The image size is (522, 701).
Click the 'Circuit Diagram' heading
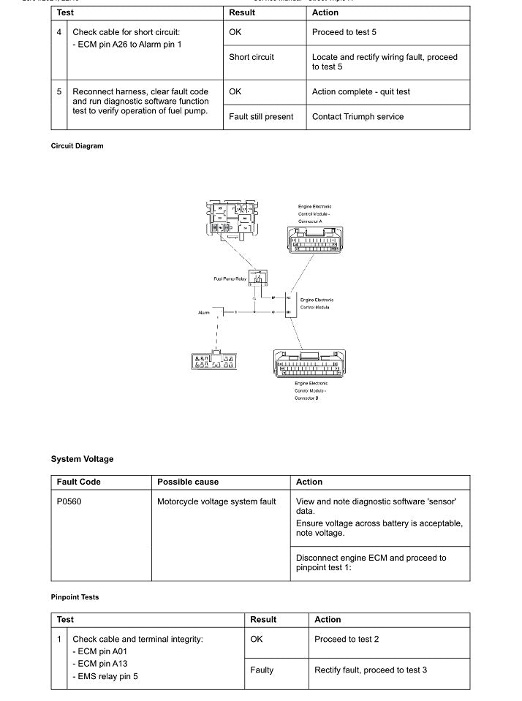click(77, 146)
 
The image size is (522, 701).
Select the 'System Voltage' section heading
click(82, 459)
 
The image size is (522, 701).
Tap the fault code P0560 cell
click(69, 501)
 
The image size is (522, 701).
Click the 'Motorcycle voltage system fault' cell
click(216, 501)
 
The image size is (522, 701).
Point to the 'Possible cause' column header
click(188, 482)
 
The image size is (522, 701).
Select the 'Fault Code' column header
click(79, 482)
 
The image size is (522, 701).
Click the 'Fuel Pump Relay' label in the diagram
click(229, 279)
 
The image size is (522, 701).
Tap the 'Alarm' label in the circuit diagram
click(203, 313)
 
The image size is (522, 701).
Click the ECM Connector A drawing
click(314, 239)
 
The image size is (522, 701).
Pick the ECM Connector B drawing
click(309, 363)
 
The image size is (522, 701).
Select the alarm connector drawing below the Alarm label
click(212, 360)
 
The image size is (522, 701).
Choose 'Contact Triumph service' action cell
click(358, 117)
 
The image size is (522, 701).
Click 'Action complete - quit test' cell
click(360, 92)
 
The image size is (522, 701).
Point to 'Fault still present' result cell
click(261, 117)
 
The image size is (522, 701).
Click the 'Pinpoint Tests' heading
click(75, 597)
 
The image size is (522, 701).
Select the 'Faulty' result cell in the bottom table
click(262, 670)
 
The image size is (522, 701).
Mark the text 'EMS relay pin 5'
click(107, 676)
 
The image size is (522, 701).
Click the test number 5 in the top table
click(59, 92)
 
